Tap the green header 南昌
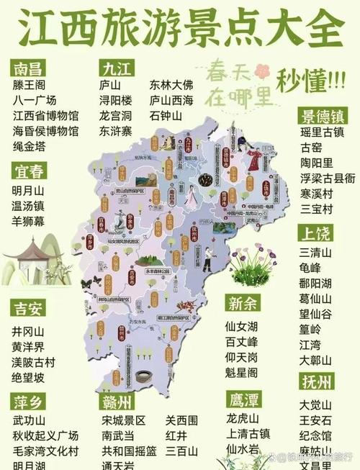click(x=30, y=68)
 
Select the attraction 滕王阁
click(x=30, y=84)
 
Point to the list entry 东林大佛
click(x=171, y=84)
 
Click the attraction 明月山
click(x=29, y=190)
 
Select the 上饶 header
click(x=316, y=233)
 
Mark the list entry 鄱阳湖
click(x=317, y=281)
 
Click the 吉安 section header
click(x=30, y=309)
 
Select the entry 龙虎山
click(x=242, y=418)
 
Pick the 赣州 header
click(x=118, y=400)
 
